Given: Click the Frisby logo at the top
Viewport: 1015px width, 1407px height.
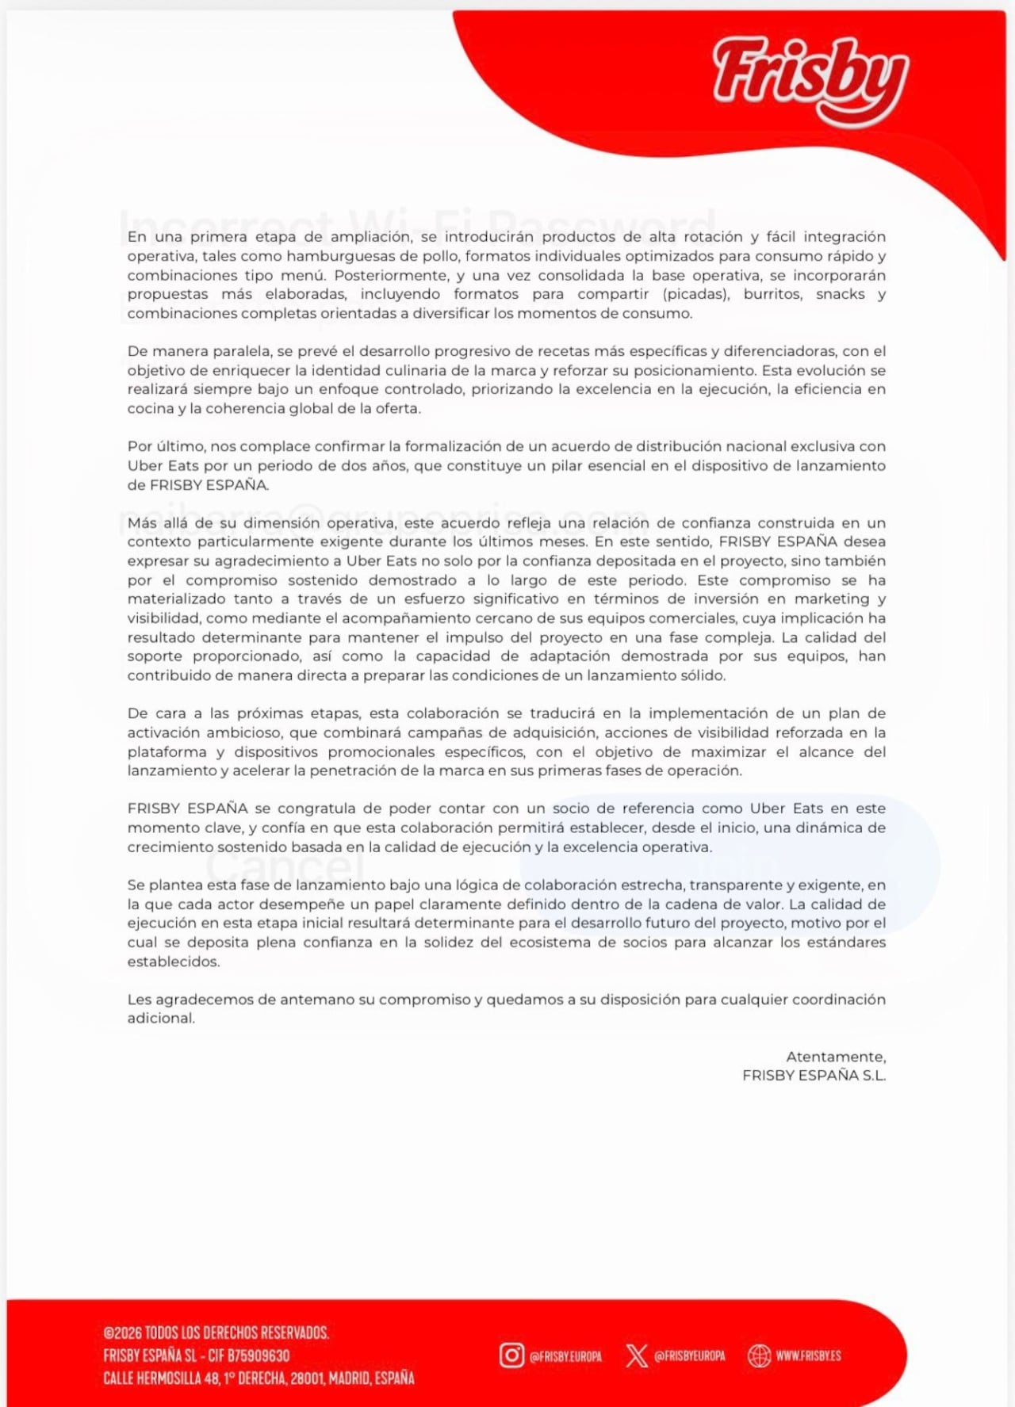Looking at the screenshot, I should [810, 79].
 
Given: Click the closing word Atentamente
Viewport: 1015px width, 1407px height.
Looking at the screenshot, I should [836, 1057].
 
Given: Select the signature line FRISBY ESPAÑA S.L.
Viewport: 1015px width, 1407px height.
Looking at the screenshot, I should [814, 1076].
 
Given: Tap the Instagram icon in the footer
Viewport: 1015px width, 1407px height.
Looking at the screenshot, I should [511, 1355].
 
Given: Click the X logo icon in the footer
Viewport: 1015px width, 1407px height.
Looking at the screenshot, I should [636, 1355].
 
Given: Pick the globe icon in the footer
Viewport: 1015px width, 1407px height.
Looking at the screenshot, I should [759, 1355].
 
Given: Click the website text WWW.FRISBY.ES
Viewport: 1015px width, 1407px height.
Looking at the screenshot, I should [808, 1355].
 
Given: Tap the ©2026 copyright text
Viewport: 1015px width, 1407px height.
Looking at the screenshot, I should [216, 1332].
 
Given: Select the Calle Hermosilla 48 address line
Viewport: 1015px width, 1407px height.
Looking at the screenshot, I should [259, 1378].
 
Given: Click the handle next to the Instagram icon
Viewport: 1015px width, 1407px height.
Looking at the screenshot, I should [565, 1356].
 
